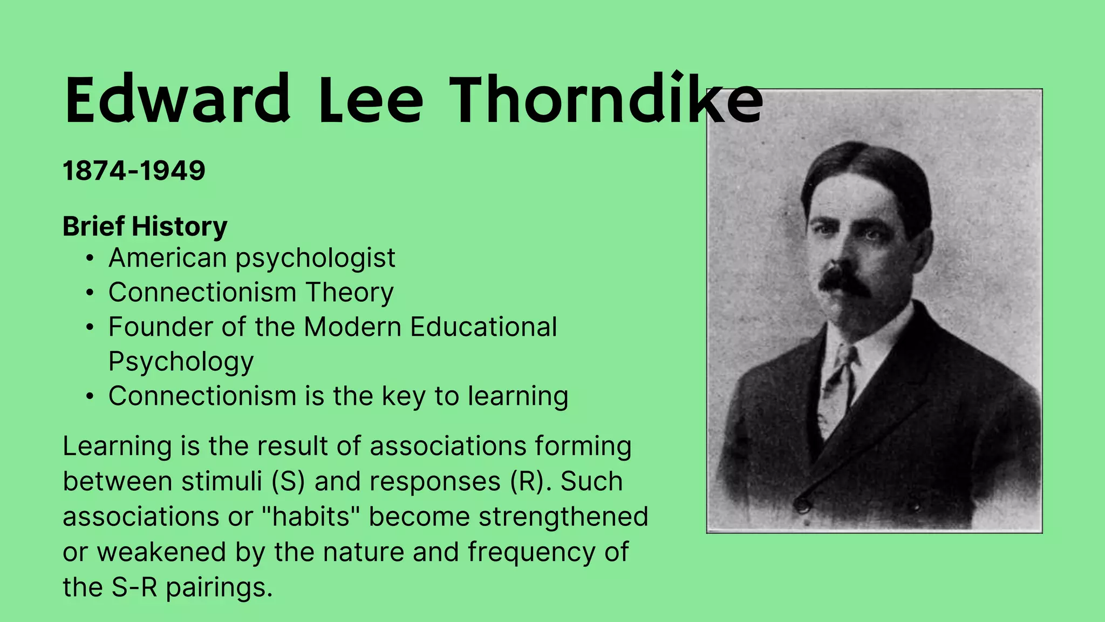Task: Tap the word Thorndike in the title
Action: (x=604, y=100)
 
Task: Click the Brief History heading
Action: (x=145, y=226)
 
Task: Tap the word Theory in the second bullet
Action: (x=350, y=293)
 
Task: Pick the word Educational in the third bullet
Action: (x=483, y=327)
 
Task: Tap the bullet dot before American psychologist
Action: (x=90, y=259)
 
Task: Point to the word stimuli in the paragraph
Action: (x=222, y=481)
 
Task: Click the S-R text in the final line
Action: (x=134, y=587)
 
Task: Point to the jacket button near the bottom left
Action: (x=802, y=505)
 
